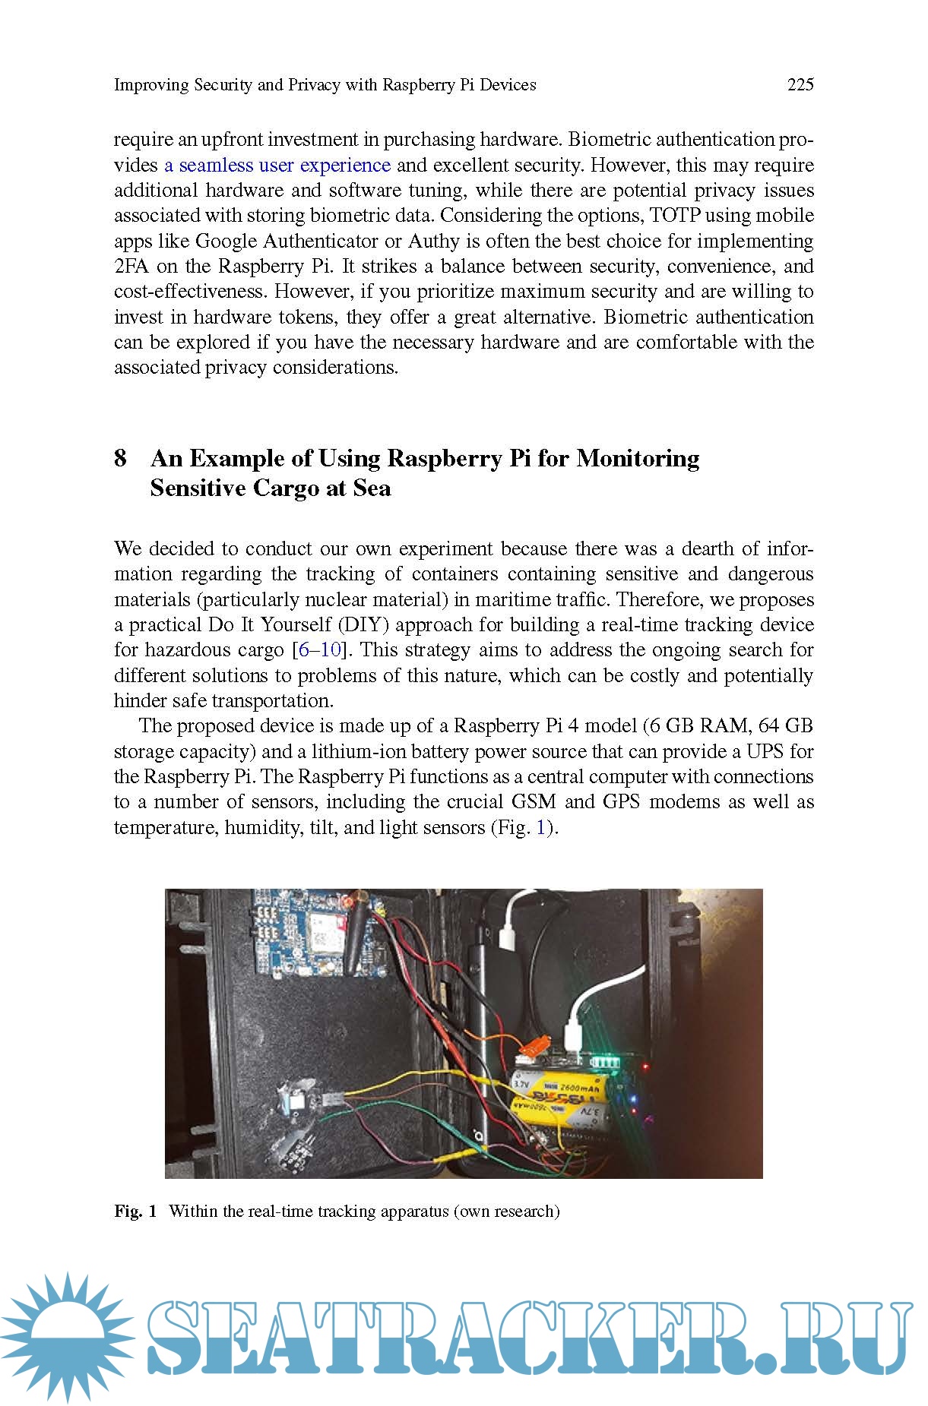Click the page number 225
[x=800, y=84]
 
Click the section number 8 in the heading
[x=120, y=458]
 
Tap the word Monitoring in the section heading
[x=638, y=458]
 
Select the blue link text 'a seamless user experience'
[x=277, y=165]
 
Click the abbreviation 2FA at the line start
[x=130, y=267]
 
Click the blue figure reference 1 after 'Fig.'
[x=541, y=827]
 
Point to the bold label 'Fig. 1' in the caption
[x=135, y=1211]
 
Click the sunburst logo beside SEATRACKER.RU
[x=66, y=1336]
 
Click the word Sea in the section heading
[x=372, y=488]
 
